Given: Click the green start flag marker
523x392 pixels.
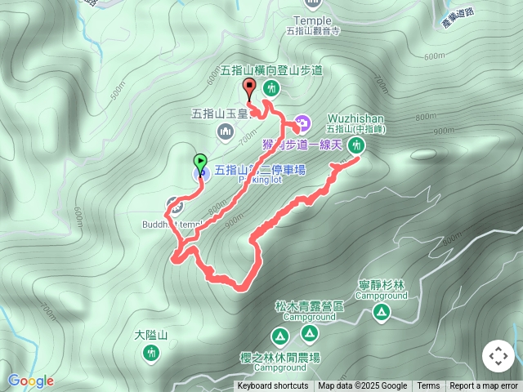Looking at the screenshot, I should (x=199, y=162).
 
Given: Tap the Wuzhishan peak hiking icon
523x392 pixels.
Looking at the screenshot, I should (x=355, y=145).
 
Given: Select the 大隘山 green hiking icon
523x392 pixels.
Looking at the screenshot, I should (x=150, y=352).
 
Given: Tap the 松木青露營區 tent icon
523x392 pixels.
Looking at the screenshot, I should (x=309, y=332).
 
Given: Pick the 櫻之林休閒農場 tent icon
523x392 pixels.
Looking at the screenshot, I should (x=279, y=336).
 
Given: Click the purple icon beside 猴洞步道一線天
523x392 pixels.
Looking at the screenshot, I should (x=302, y=124).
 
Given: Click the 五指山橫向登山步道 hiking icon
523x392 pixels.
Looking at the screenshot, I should (x=272, y=88).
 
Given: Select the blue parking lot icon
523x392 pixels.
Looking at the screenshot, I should (x=200, y=173).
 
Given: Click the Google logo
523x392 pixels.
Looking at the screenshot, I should (x=31, y=381).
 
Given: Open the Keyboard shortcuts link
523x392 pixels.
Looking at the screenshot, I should (x=273, y=386).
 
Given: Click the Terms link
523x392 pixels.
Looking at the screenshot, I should (x=428, y=386).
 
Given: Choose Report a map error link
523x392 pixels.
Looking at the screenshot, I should (x=484, y=386).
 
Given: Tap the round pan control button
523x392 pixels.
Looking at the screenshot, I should (x=498, y=356).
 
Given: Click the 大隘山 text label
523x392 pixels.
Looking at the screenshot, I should (x=151, y=335).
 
